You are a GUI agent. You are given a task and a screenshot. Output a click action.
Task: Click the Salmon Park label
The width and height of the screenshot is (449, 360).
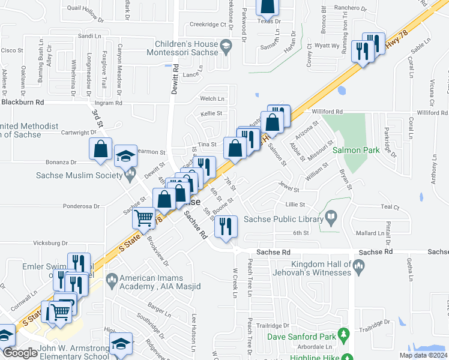pyautogui.click(x=357, y=150)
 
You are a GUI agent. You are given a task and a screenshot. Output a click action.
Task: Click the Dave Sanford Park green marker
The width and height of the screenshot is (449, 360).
pyautogui.click(x=344, y=334)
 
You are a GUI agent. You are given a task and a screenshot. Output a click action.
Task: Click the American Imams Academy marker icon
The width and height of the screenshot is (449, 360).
pyautogui.click(x=111, y=280)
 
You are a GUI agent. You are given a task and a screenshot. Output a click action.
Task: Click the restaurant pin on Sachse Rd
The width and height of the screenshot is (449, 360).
pyautogui.click(x=226, y=227)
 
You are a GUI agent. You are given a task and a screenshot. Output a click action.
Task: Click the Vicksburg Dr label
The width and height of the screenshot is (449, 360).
pyautogui.click(x=48, y=244)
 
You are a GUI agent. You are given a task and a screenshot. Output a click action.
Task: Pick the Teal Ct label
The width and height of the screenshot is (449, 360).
pyautogui.click(x=390, y=208)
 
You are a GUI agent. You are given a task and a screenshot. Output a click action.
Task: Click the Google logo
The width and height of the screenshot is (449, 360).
pyautogui.click(x=20, y=353)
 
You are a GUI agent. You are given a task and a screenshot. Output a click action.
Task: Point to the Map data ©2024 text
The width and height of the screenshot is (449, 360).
pyautogui.click(x=424, y=355)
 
